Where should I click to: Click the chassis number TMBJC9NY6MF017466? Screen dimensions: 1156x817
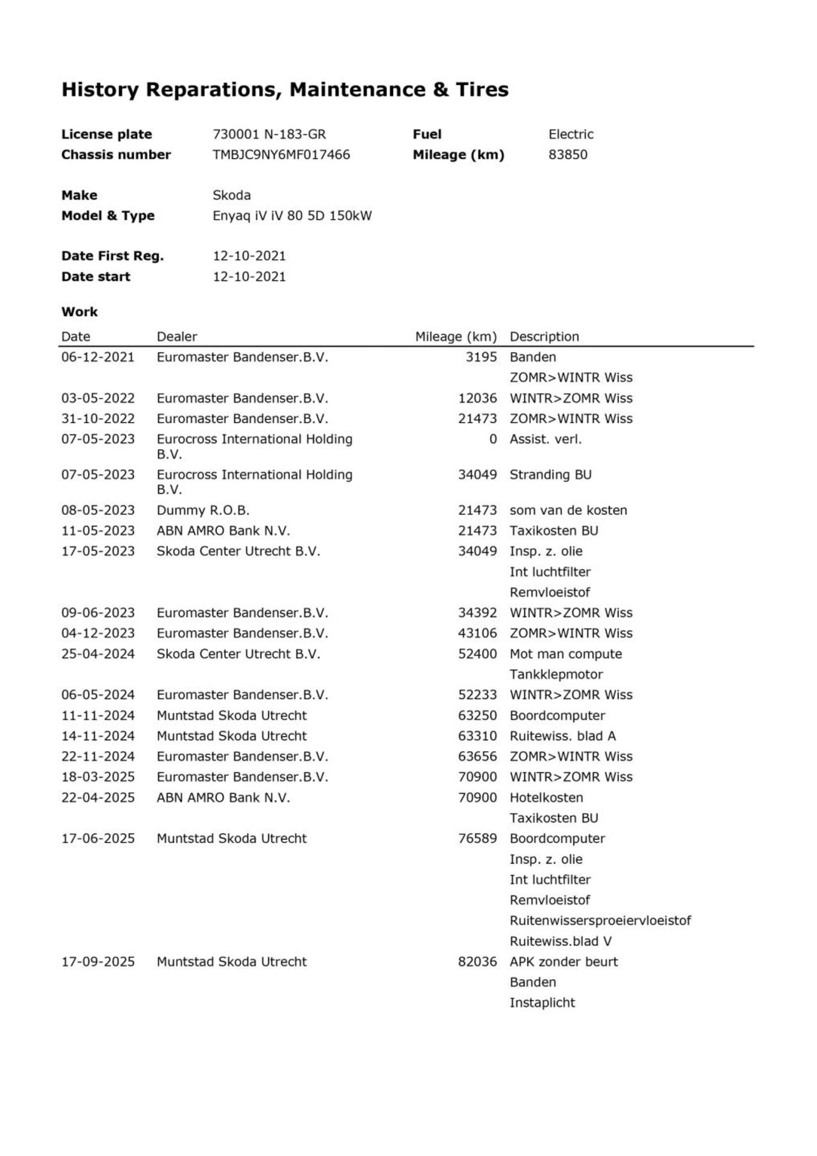point(281,154)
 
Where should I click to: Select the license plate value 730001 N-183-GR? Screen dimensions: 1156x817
point(269,134)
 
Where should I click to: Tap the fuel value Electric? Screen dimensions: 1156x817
point(571,134)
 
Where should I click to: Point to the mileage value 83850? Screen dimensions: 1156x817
point(567,154)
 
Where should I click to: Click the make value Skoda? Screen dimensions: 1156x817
point(231,195)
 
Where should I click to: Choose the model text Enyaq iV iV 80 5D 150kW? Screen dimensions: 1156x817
point(292,216)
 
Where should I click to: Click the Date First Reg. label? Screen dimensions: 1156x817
point(112,256)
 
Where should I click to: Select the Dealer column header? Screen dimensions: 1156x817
point(177,336)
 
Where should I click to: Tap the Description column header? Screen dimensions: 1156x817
point(544,336)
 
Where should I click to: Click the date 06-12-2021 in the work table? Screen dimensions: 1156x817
point(98,357)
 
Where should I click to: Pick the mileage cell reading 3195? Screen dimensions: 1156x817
point(481,357)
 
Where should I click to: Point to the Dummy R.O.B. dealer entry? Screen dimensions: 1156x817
point(203,510)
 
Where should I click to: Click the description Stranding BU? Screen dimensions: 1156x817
point(550,474)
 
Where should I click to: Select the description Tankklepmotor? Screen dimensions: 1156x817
point(556,674)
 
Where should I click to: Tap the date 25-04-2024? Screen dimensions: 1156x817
point(98,654)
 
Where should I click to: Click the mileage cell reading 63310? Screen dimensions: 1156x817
point(477,736)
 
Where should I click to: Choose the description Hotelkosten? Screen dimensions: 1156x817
point(546,797)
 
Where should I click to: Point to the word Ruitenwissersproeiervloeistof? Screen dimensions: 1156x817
point(600,920)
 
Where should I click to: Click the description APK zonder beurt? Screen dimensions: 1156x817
point(564,961)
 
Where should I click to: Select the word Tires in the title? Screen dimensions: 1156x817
point(482,89)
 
